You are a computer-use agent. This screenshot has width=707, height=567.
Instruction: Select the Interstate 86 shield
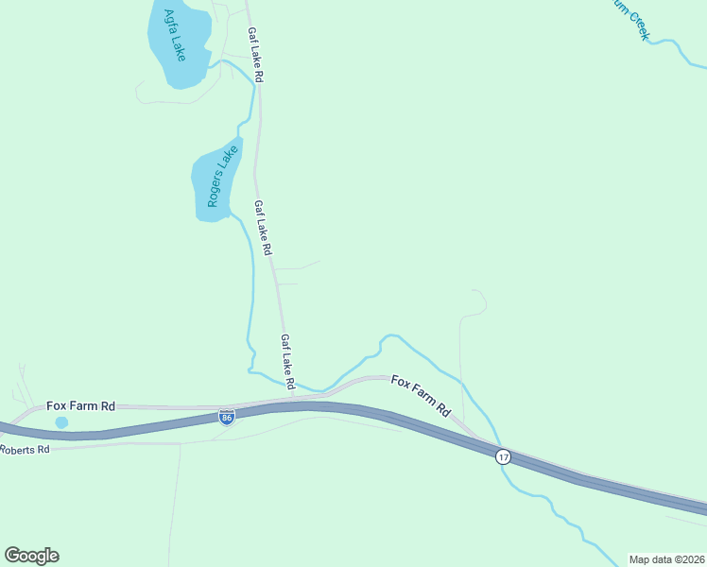point(226,417)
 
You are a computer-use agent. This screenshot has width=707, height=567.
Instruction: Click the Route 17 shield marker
point(503,456)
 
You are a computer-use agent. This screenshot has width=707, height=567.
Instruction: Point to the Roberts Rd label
point(25,450)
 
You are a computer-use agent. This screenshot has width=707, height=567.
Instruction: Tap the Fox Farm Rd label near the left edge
point(80,405)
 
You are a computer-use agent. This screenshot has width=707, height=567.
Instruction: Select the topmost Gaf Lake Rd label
point(254,55)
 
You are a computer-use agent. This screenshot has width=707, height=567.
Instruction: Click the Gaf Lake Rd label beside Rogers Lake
point(263,228)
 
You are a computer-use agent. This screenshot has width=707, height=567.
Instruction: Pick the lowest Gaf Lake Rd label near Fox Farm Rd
point(288,362)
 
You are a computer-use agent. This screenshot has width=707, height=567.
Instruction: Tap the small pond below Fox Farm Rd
point(61,422)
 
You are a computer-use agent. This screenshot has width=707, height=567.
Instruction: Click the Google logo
point(31,556)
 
